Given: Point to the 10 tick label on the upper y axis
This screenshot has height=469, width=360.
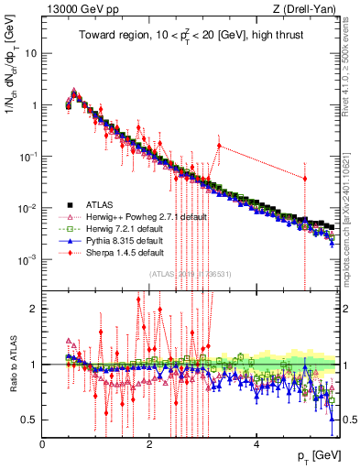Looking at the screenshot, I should [x=29, y=53].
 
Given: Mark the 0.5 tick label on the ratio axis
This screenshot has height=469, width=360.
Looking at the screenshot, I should [x=29, y=420].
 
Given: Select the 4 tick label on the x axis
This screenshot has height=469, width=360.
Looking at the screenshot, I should [x=255, y=443].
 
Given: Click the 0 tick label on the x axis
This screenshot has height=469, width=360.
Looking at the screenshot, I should [x=42, y=443].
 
